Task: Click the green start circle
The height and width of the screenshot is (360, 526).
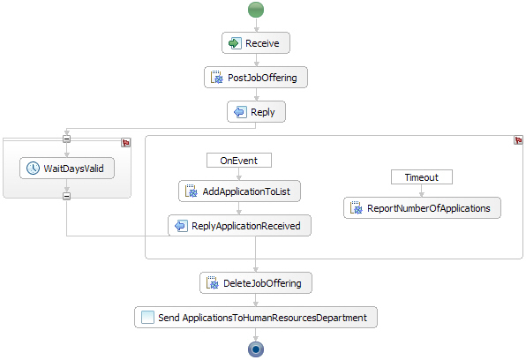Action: click(x=256, y=10)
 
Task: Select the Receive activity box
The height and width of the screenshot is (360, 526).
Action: click(x=256, y=43)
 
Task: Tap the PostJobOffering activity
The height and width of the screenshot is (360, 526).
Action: click(x=256, y=78)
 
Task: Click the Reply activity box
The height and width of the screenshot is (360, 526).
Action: click(x=256, y=112)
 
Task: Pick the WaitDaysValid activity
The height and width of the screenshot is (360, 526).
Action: click(x=67, y=169)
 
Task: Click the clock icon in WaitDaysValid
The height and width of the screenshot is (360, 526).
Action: click(x=33, y=169)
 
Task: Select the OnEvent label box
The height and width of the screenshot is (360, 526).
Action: click(x=239, y=161)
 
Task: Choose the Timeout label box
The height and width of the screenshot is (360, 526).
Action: click(x=422, y=177)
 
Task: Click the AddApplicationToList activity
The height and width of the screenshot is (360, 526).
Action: click(x=239, y=191)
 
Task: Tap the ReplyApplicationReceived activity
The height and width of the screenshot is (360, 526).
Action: click(x=239, y=226)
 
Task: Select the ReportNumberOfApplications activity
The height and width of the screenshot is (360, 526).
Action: click(x=422, y=208)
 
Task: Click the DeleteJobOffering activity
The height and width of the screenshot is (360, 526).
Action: click(x=256, y=283)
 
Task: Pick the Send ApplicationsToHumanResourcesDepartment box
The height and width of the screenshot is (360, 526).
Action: click(x=256, y=317)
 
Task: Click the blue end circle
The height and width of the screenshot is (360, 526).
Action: click(x=256, y=349)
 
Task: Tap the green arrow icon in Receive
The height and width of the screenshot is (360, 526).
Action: click(x=235, y=43)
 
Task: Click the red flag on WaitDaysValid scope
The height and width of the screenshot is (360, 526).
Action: click(x=126, y=143)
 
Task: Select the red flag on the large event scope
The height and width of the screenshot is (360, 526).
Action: click(x=518, y=140)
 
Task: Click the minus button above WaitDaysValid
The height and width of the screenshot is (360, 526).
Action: click(x=67, y=139)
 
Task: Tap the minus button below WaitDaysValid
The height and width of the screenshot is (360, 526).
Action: click(x=67, y=196)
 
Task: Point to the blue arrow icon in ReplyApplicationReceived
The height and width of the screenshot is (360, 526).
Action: click(x=181, y=226)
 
